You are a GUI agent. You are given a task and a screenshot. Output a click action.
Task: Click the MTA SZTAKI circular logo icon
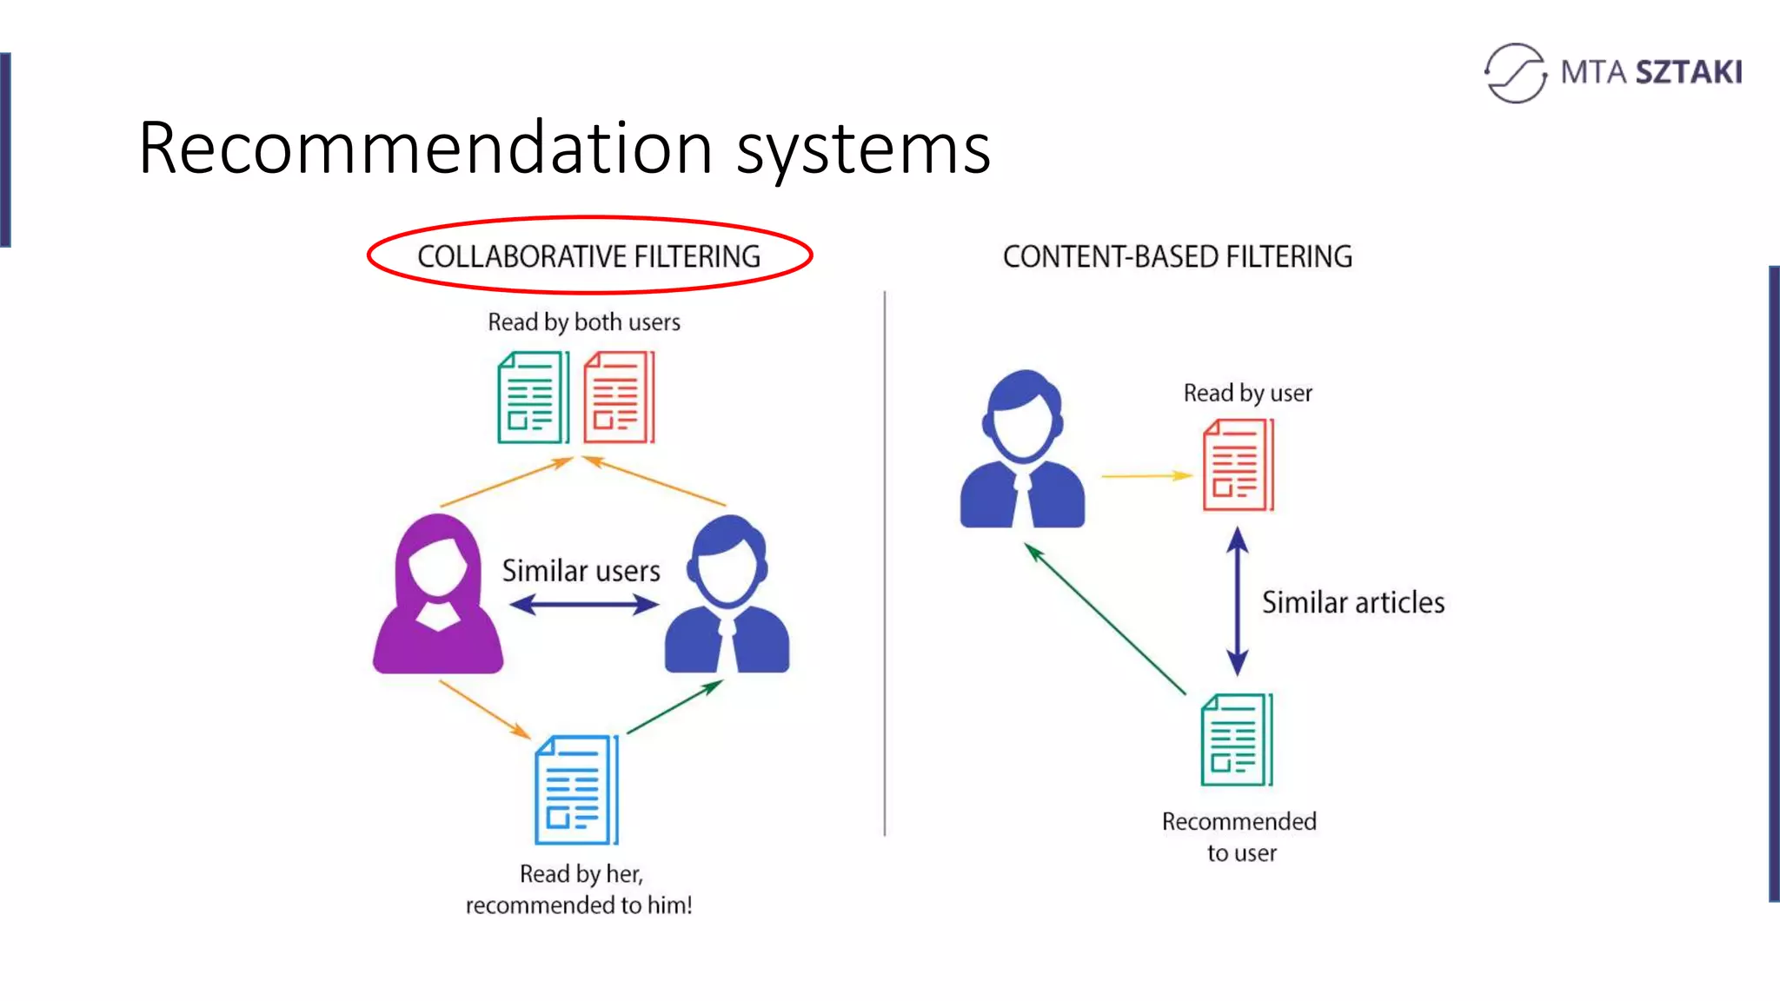1515,73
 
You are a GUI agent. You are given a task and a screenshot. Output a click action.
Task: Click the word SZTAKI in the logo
1688,72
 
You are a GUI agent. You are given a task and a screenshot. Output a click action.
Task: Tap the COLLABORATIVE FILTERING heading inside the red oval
588,256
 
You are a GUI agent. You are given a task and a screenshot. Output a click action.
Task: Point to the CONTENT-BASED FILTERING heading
1177,256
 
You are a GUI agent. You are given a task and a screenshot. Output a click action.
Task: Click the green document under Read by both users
533,397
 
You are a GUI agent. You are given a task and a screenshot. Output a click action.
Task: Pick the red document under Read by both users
619,397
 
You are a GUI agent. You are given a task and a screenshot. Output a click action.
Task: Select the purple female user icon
438,595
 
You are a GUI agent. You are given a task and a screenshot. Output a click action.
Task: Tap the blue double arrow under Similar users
583,604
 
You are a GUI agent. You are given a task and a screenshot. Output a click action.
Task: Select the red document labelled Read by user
1238,465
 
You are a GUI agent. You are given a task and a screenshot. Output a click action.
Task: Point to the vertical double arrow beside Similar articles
1238,601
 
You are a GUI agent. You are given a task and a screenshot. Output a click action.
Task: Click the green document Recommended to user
1236,739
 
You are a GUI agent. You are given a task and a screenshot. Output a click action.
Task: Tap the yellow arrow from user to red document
1146,476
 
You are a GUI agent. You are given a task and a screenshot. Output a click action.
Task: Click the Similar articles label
1352,602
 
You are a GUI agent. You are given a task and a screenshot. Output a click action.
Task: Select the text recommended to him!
579,905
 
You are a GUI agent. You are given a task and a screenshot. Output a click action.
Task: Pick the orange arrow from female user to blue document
484,709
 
